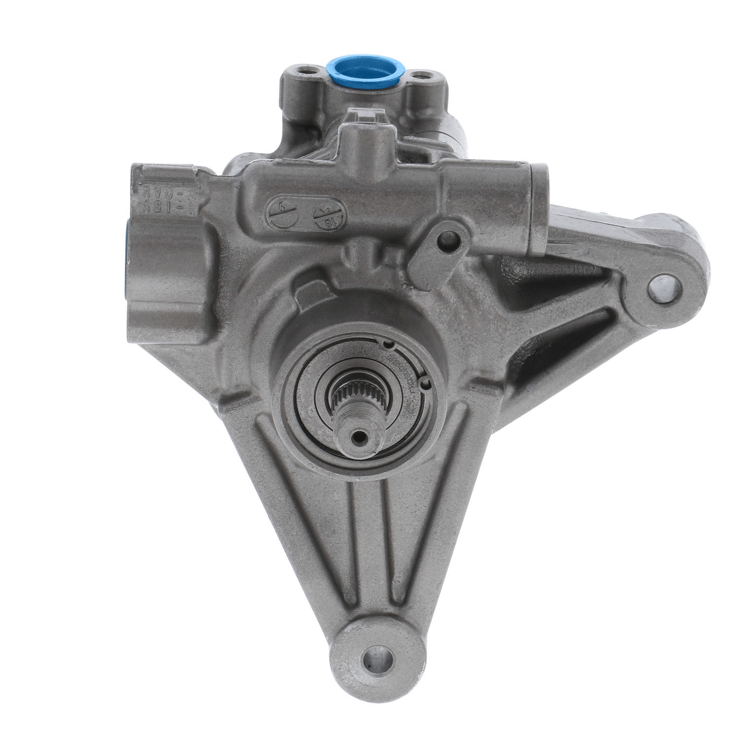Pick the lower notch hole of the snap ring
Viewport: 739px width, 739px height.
[x=424, y=381]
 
